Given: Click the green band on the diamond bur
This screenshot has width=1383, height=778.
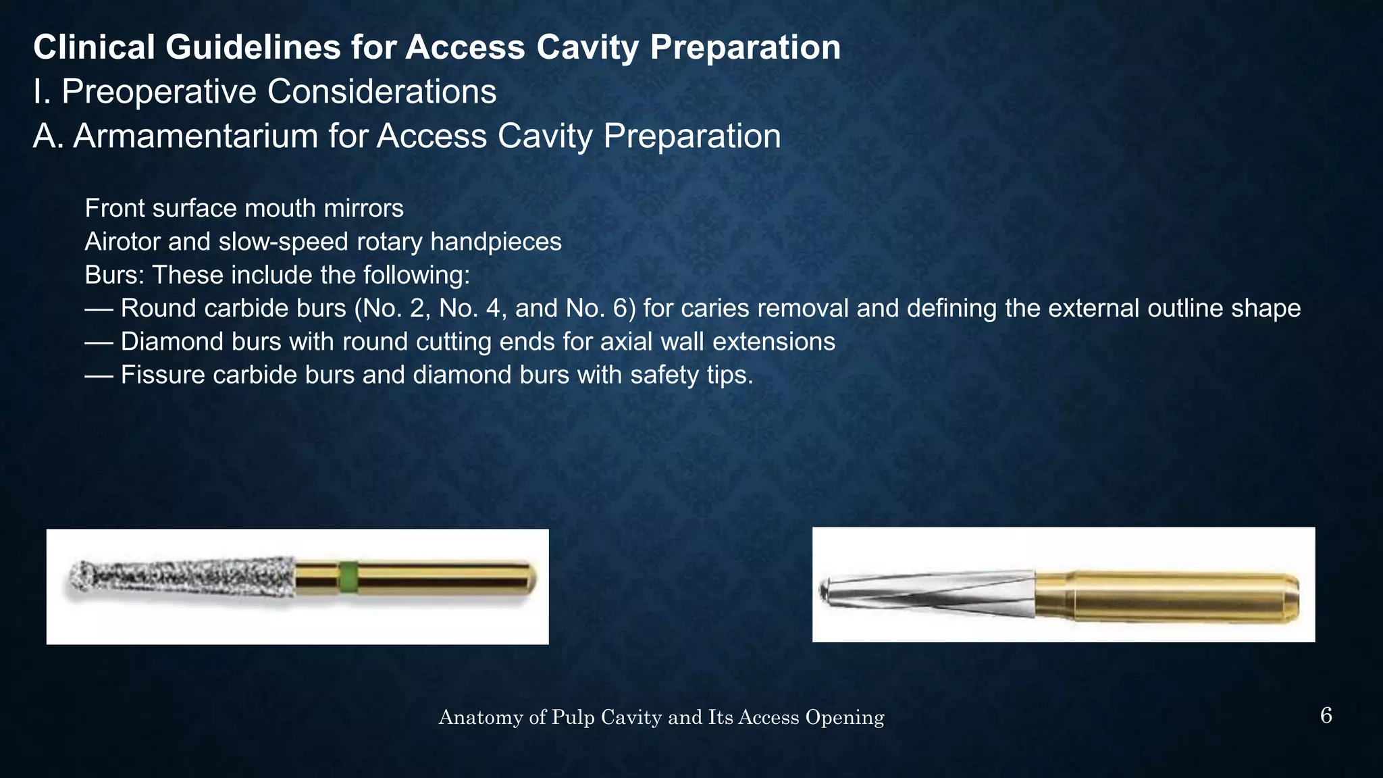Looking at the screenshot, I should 347,578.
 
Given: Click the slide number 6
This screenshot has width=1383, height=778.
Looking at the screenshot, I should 1326,716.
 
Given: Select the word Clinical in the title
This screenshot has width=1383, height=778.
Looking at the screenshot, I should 94,47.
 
